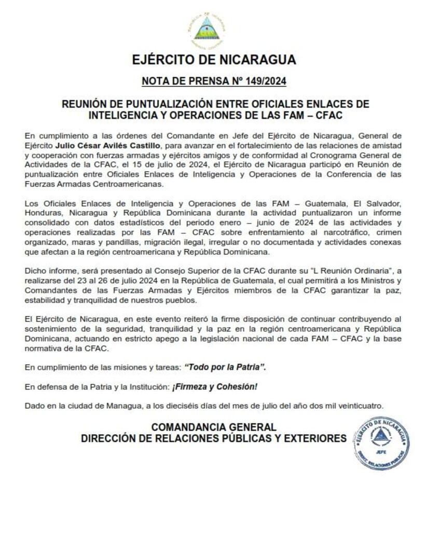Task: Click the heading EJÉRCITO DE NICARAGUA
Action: point(214,60)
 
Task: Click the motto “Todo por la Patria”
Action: point(226,367)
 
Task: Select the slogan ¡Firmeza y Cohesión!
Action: point(215,386)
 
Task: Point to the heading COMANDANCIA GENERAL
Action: point(213,427)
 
